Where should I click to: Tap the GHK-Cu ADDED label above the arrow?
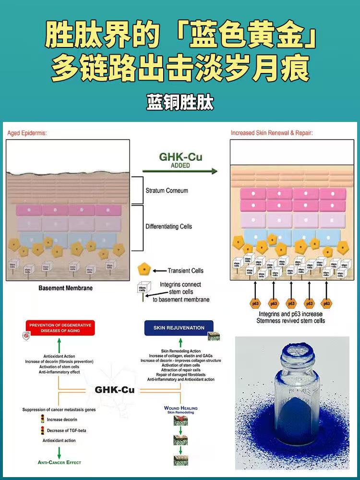point(180,160)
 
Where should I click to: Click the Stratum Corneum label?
point(167,191)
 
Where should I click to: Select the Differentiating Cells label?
point(168,226)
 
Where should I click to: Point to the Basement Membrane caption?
point(65,288)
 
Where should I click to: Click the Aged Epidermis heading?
point(27,133)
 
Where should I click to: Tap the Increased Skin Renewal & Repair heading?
point(272,133)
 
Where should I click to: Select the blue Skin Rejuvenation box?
point(179,328)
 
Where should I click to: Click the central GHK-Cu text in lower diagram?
point(115,389)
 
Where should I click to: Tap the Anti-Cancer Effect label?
point(60,462)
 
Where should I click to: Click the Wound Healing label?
point(181,408)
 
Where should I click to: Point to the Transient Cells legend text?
point(185,271)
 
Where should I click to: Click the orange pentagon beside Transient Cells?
point(143,270)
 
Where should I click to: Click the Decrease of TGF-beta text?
point(67,430)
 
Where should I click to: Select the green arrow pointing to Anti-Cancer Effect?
point(60,451)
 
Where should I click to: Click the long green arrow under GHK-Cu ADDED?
point(180,171)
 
